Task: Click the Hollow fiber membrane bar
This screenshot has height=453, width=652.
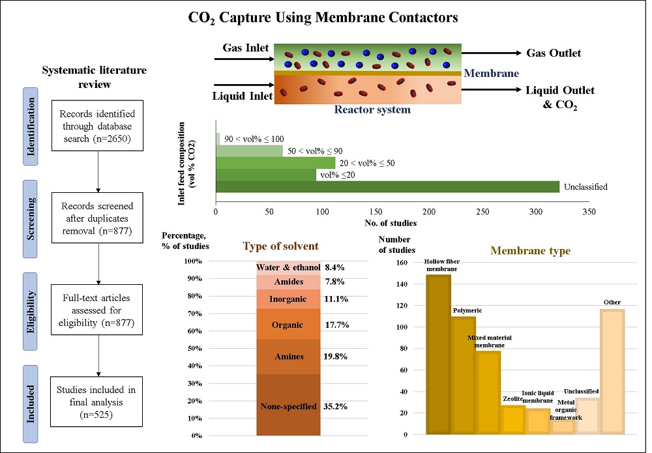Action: pos(438,355)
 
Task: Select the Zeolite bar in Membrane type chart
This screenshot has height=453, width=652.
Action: pos(514,420)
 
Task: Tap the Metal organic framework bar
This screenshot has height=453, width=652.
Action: pos(563,427)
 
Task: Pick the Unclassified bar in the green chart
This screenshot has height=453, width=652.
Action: pos(387,187)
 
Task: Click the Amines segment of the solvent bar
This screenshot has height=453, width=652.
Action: pos(288,357)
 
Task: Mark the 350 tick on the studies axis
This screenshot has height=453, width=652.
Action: pos(589,212)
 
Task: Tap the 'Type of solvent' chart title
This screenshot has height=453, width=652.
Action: pos(281,246)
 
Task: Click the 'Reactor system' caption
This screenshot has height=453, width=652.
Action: pos(372,109)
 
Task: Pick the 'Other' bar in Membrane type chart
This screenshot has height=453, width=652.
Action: pos(612,371)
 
